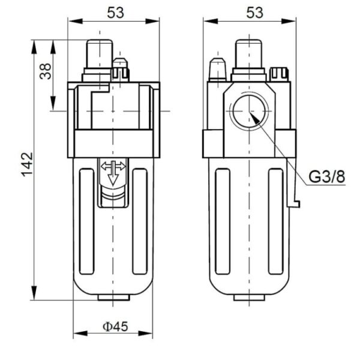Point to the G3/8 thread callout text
coord(327,178)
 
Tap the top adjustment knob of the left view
coord(99,53)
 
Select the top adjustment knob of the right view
coord(249,53)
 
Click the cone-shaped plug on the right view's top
coord(217,70)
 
